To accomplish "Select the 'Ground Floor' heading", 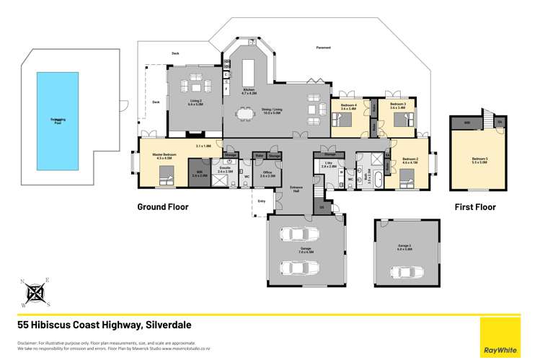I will click(x=163, y=207).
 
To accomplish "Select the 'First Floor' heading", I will click(x=474, y=207).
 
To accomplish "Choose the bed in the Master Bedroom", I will click(x=166, y=174).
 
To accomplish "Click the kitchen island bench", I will click(x=249, y=72).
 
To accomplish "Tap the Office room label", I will click(x=267, y=173).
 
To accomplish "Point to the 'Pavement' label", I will click(x=324, y=48).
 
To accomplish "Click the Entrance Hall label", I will click(x=296, y=188).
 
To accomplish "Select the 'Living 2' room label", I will click(x=195, y=102).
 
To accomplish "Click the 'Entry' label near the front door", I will click(x=261, y=201).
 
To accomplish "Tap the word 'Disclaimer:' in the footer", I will click(x=27, y=342).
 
